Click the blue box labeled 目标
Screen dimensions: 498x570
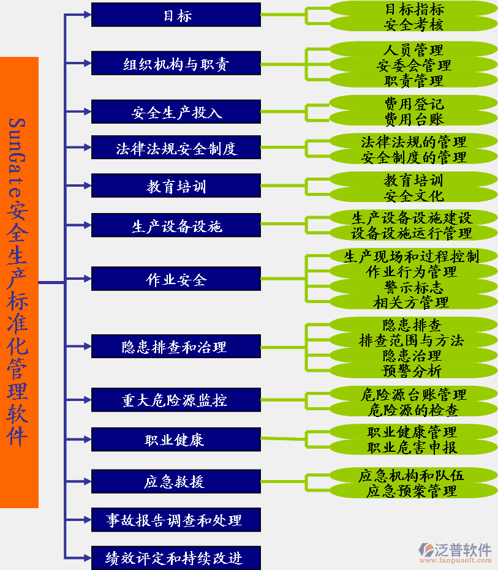point(176,15)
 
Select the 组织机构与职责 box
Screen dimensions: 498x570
point(176,63)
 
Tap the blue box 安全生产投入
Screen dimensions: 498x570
point(176,111)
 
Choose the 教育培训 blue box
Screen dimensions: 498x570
point(176,186)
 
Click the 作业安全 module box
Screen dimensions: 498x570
point(176,279)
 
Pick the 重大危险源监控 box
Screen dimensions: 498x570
point(176,400)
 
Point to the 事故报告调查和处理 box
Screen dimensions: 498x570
point(176,520)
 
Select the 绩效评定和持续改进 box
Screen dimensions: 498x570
point(176,558)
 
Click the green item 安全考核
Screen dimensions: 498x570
point(413,24)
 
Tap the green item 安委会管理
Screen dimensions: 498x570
point(413,66)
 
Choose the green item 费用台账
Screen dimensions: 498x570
point(413,119)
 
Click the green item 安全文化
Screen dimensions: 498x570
point(413,195)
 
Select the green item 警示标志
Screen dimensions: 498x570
point(413,287)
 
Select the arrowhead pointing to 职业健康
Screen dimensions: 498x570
point(88,440)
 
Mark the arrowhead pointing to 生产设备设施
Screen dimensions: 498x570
point(88,225)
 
